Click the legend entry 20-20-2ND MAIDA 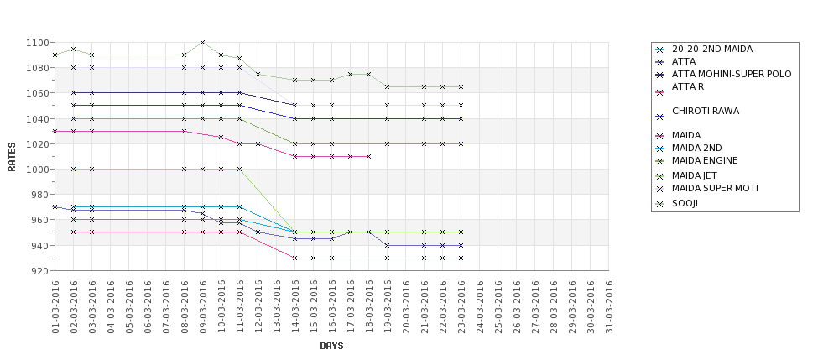(712, 49)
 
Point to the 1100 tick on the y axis (38, 43)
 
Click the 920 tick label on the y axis (40, 271)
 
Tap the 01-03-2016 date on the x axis (55, 307)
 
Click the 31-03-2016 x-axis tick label (609, 307)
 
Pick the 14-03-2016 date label (295, 307)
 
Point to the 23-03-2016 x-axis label (461, 307)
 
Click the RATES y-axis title (12, 156)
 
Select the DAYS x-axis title (331, 346)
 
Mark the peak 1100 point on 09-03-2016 (202, 42)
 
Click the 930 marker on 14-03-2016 (294, 258)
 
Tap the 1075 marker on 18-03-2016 (368, 74)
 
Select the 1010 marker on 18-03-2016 (368, 156)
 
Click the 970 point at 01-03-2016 (55, 206)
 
